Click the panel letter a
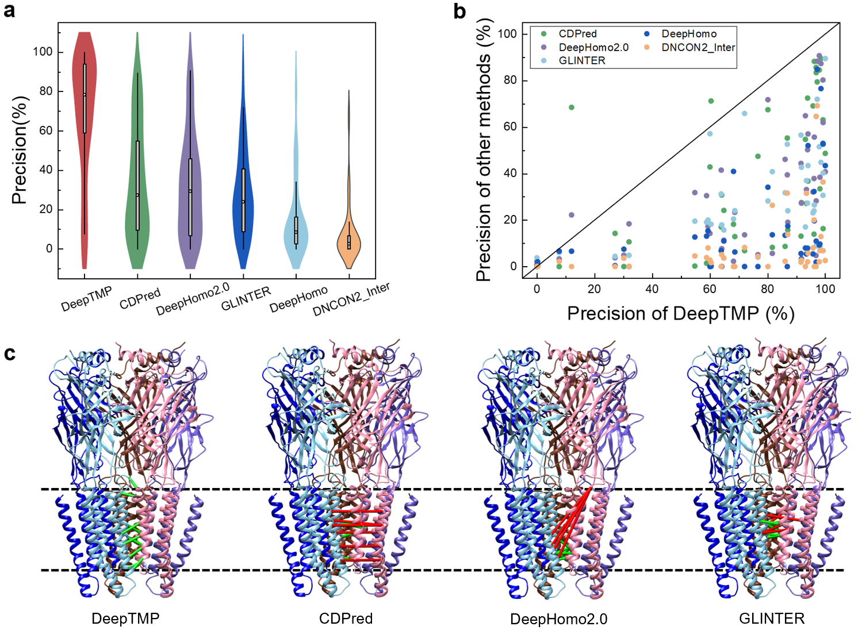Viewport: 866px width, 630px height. coord(9,10)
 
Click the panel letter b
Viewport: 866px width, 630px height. coord(459,11)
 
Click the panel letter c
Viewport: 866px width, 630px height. coord(9,353)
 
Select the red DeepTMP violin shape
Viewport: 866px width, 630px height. coord(84,115)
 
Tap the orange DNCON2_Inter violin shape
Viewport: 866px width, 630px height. coord(349,241)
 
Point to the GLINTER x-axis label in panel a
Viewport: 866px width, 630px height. coord(246,298)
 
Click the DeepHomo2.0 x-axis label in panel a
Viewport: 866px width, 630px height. coord(193,299)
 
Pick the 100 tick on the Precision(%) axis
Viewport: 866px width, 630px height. coord(43,52)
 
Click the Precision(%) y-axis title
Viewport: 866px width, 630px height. coord(20,150)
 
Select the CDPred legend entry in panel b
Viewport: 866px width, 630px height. coord(577,34)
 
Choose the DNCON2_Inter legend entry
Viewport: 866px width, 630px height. coord(698,47)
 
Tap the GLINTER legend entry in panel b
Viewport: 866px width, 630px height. coord(581,60)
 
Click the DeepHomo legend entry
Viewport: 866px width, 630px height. coord(688,34)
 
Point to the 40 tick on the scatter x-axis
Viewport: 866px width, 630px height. coord(652,289)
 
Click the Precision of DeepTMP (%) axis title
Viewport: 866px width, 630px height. coord(680,313)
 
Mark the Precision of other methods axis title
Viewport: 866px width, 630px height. coord(484,149)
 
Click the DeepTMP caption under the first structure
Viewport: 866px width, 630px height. coord(125,619)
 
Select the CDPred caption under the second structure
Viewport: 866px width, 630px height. coord(346,619)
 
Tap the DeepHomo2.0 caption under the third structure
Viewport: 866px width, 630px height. coord(558,619)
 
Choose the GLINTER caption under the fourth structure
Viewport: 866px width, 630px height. coord(772,619)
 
